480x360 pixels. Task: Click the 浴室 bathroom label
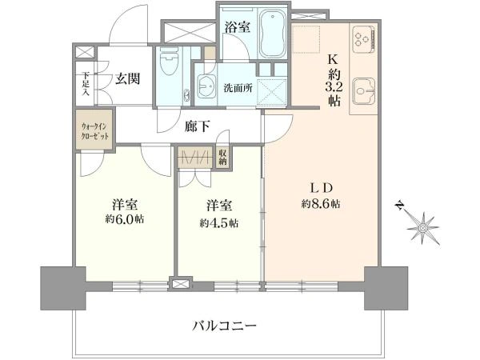click(x=238, y=26)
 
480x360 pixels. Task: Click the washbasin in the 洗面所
click(x=206, y=87)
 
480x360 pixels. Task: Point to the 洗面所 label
click(x=238, y=88)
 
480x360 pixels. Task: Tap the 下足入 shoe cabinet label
click(x=86, y=82)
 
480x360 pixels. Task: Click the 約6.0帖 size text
click(x=127, y=218)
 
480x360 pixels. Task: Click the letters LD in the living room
click(x=321, y=187)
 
